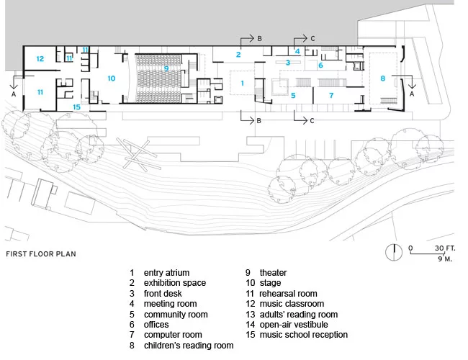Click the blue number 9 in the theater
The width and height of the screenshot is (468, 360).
(x=166, y=68)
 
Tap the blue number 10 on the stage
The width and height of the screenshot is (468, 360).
(x=112, y=78)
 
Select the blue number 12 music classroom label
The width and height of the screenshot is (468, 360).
(x=40, y=59)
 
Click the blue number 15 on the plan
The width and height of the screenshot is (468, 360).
(x=77, y=107)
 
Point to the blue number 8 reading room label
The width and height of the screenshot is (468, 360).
(x=383, y=78)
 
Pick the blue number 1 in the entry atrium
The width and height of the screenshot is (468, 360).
(x=243, y=83)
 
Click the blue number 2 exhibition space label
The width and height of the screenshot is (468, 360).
(x=238, y=54)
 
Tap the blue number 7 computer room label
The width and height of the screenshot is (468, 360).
(x=331, y=95)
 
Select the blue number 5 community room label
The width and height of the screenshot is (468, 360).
(x=293, y=95)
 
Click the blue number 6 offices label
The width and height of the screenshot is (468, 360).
(x=320, y=65)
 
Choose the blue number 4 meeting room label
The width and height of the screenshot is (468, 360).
(x=297, y=51)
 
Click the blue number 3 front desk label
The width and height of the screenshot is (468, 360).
(x=288, y=63)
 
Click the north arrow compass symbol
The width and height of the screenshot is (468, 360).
(x=394, y=252)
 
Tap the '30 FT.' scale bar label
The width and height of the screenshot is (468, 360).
(x=445, y=248)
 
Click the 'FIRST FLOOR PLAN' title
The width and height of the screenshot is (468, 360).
(x=41, y=254)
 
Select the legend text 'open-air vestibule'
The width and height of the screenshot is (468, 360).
(x=294, y=325)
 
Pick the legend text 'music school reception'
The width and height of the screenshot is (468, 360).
(x=304, y=335)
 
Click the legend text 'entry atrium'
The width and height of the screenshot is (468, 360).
(x=166, y=273)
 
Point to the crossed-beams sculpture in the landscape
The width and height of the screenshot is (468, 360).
(x=137, y=154)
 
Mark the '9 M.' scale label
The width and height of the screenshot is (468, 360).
(x=445, y=258)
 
